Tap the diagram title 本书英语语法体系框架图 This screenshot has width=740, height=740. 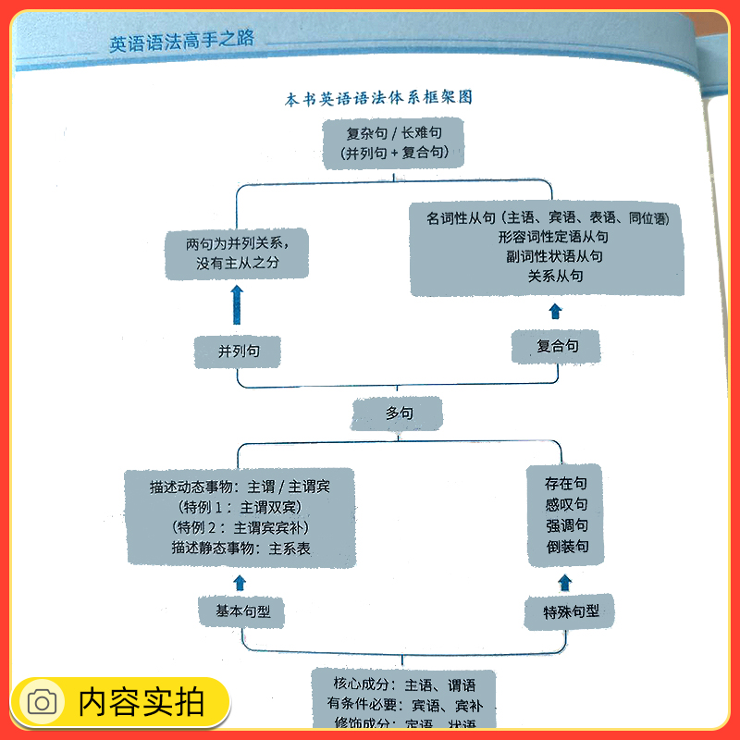(x=378, y=98)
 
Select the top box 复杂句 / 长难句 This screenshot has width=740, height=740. (x=392, y=142)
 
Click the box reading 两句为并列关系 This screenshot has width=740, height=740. (x=238, y=253)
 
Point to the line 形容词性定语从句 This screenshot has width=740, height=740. (x=555, y=237)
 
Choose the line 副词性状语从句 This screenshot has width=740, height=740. (x=555, y=256)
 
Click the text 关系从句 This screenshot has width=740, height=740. (x=555, y=276)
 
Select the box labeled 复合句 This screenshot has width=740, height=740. (x=557, y=346)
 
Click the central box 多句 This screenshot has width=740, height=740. (x=399, y=413)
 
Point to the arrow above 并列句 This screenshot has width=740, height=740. (x=237, y=304)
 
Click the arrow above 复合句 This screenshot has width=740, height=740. (x=555, y=311)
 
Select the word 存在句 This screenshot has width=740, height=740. (x=566, y=484)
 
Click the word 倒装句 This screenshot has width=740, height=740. (x=566, y=548)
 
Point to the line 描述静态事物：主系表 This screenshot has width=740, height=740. (x=240, y=549)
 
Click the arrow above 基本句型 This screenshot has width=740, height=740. (x=240, y=582)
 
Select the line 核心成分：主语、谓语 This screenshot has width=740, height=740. (x=404, y=685)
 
